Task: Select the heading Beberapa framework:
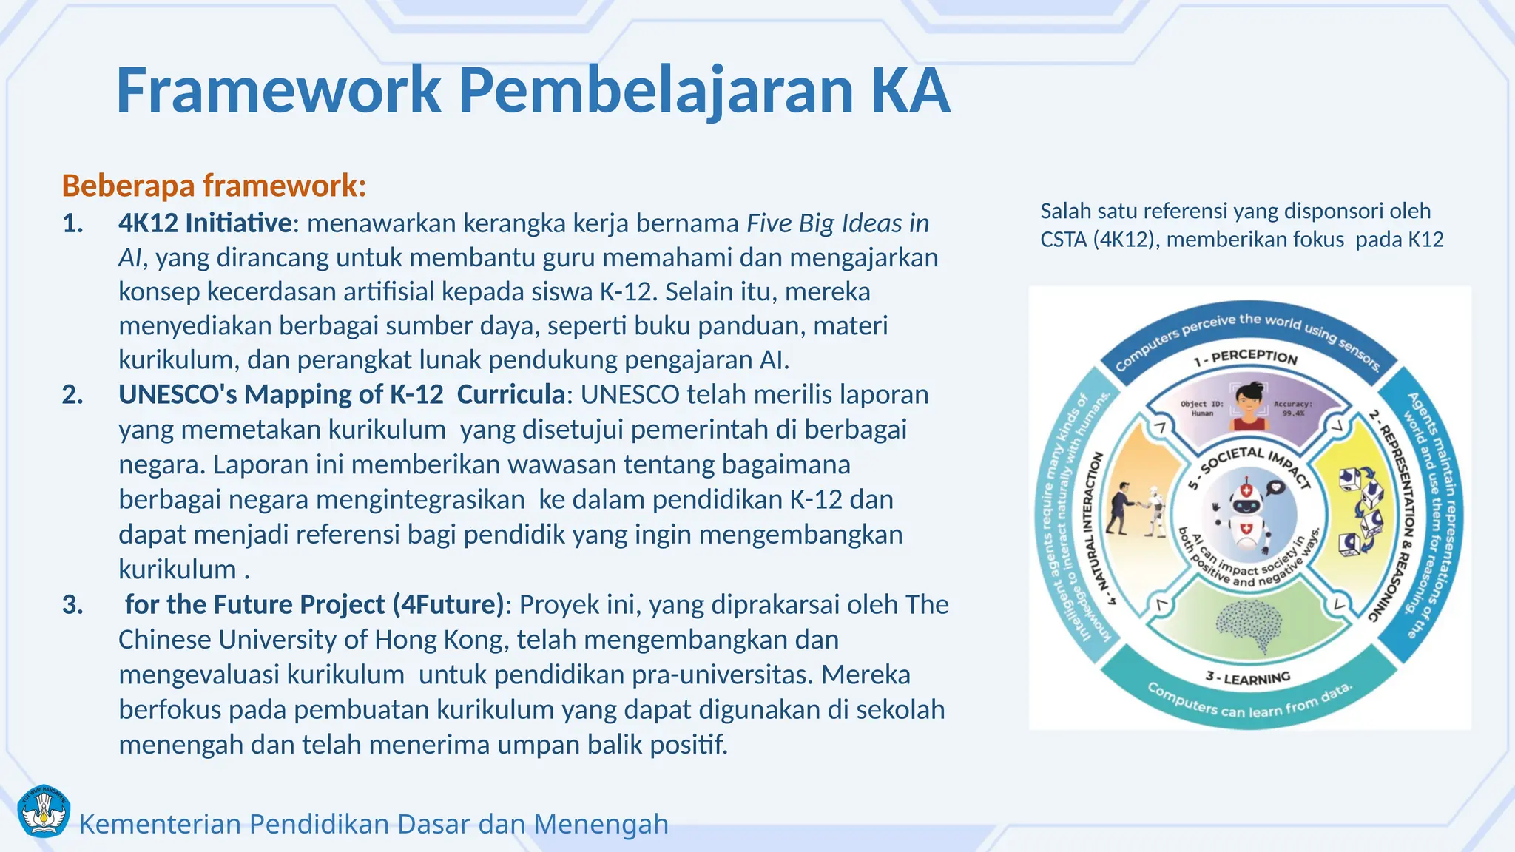coord(214,186)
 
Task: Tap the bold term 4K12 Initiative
coord(205,223)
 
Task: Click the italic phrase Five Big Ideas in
coord(837,223)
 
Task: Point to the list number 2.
coord(72,394)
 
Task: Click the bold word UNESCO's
coord(178,394)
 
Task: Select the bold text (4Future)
coord(448,604)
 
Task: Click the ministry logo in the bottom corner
coord(43,811)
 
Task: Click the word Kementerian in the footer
coord(160,823)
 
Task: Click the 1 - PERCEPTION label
coord(1246,358)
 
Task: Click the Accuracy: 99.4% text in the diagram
coord(1292,409)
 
